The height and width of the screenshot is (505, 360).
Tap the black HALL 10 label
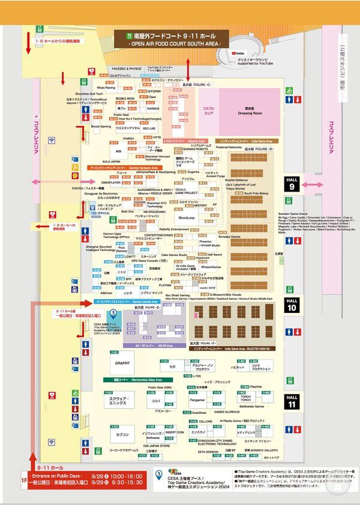pyautogui.click(x=292, y=304)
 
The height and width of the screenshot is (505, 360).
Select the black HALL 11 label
pyautogui.click(x=292, y=401)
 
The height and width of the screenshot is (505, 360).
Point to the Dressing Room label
pyautogui.click(x=245, y=112)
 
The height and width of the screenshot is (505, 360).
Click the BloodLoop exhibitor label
pyautogui.click(x=187, y=217)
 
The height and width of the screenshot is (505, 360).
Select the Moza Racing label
pyautogui.click(x=106, y=88)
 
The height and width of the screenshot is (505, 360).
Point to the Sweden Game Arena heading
pyautogui.click(x=294, y=213)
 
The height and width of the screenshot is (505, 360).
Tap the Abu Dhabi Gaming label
pyautogui.click(x=177, y=295)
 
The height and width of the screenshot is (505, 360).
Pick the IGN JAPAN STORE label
pyautogui.click(x=156, y=446)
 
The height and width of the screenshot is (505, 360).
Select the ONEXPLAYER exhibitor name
pyautogui.click(x=110, y=181)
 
